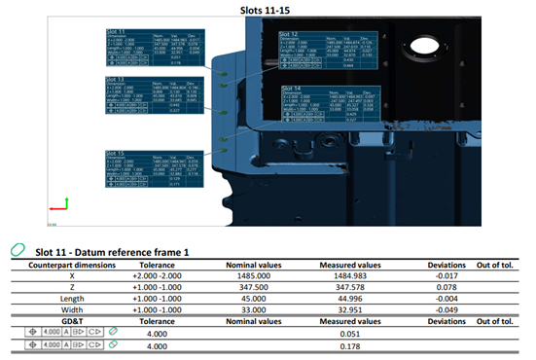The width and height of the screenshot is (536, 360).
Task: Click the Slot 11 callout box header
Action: tap(117, 32)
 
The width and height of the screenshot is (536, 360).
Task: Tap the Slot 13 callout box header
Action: tap(117, 80)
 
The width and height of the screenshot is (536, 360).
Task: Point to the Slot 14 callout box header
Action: tap(290, 88)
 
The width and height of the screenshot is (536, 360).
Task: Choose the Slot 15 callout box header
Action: tap(117, 153)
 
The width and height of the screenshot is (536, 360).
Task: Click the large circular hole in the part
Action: tap(424, 45)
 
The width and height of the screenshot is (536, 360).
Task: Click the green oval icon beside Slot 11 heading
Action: tap(17, 250)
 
